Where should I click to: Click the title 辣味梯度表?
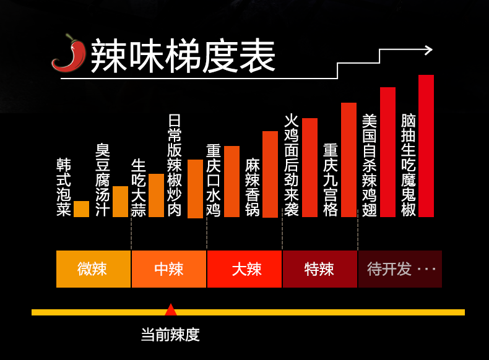coord(183,58)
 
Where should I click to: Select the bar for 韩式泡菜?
coord(81,209)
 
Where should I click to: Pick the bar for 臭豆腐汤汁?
coord(120,202)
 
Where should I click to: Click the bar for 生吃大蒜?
coord(156,195)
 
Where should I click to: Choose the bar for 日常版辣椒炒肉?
coord(195,189)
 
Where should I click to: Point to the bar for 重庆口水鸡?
coord(232,182)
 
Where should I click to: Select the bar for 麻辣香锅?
coord(270,174)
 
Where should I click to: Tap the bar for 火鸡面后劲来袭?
coord(309,168)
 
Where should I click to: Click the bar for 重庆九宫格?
coord(348,160)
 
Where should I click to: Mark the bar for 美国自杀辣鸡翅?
coord(387,152)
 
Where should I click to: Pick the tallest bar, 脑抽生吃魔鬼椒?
coord(426,146)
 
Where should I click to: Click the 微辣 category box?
coord(93,269)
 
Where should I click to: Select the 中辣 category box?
coord(168,269)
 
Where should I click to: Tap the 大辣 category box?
coord(244,269)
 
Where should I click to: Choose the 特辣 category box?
coord(319,269)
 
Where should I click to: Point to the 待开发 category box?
coord(400,269)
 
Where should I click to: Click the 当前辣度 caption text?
coord(170,335)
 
